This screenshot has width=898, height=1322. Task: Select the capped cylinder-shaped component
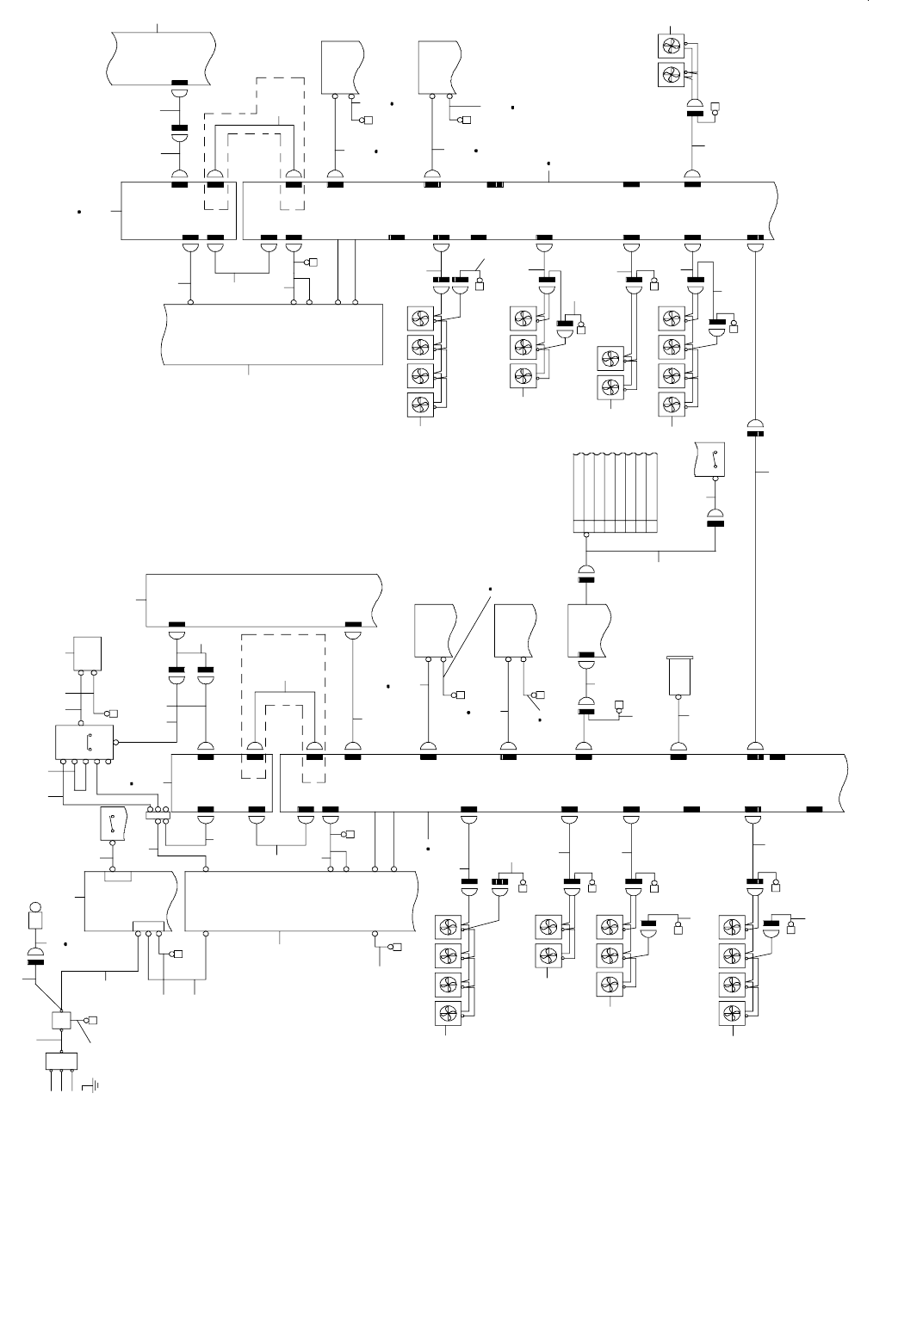(x=680, y=676)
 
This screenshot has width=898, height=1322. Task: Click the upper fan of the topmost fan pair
(x=670, y=46)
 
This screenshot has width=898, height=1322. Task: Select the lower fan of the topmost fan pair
(x=670, y=74)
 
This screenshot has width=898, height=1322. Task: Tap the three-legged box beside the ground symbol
(x=62, y=1061)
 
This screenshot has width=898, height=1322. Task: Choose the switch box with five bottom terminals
(x=84, y=743)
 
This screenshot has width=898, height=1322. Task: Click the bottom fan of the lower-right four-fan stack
(x=732, y=1013)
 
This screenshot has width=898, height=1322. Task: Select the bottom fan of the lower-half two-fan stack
(x=546, y=955)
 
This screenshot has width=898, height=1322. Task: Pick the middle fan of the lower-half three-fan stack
(x=608, y=955)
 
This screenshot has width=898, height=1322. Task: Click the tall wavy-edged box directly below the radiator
(x=588, y=628)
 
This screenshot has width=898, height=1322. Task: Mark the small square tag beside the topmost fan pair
(x=715, y=108)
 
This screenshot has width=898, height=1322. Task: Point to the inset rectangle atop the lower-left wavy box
(x=117, y=876)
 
